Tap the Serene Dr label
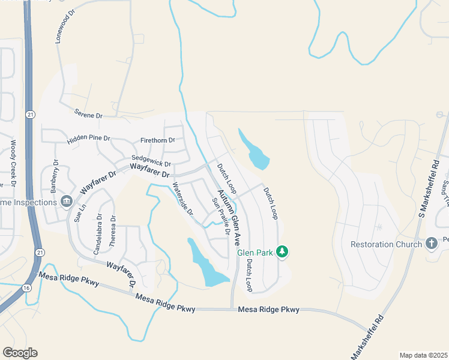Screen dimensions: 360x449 pos(88,113)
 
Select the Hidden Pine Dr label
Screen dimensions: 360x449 pos(89,138)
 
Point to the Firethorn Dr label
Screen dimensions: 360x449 pos(157,140)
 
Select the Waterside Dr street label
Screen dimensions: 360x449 pos(182,199)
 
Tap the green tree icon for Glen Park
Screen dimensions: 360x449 pos(282,252)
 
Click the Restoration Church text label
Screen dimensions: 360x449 pos(386,244)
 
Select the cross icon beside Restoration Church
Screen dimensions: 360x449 pos(431,244)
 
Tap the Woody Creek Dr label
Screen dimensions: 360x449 pos(13,163)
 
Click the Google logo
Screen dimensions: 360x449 pos(20,353)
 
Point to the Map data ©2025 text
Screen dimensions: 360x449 pos(423,355)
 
